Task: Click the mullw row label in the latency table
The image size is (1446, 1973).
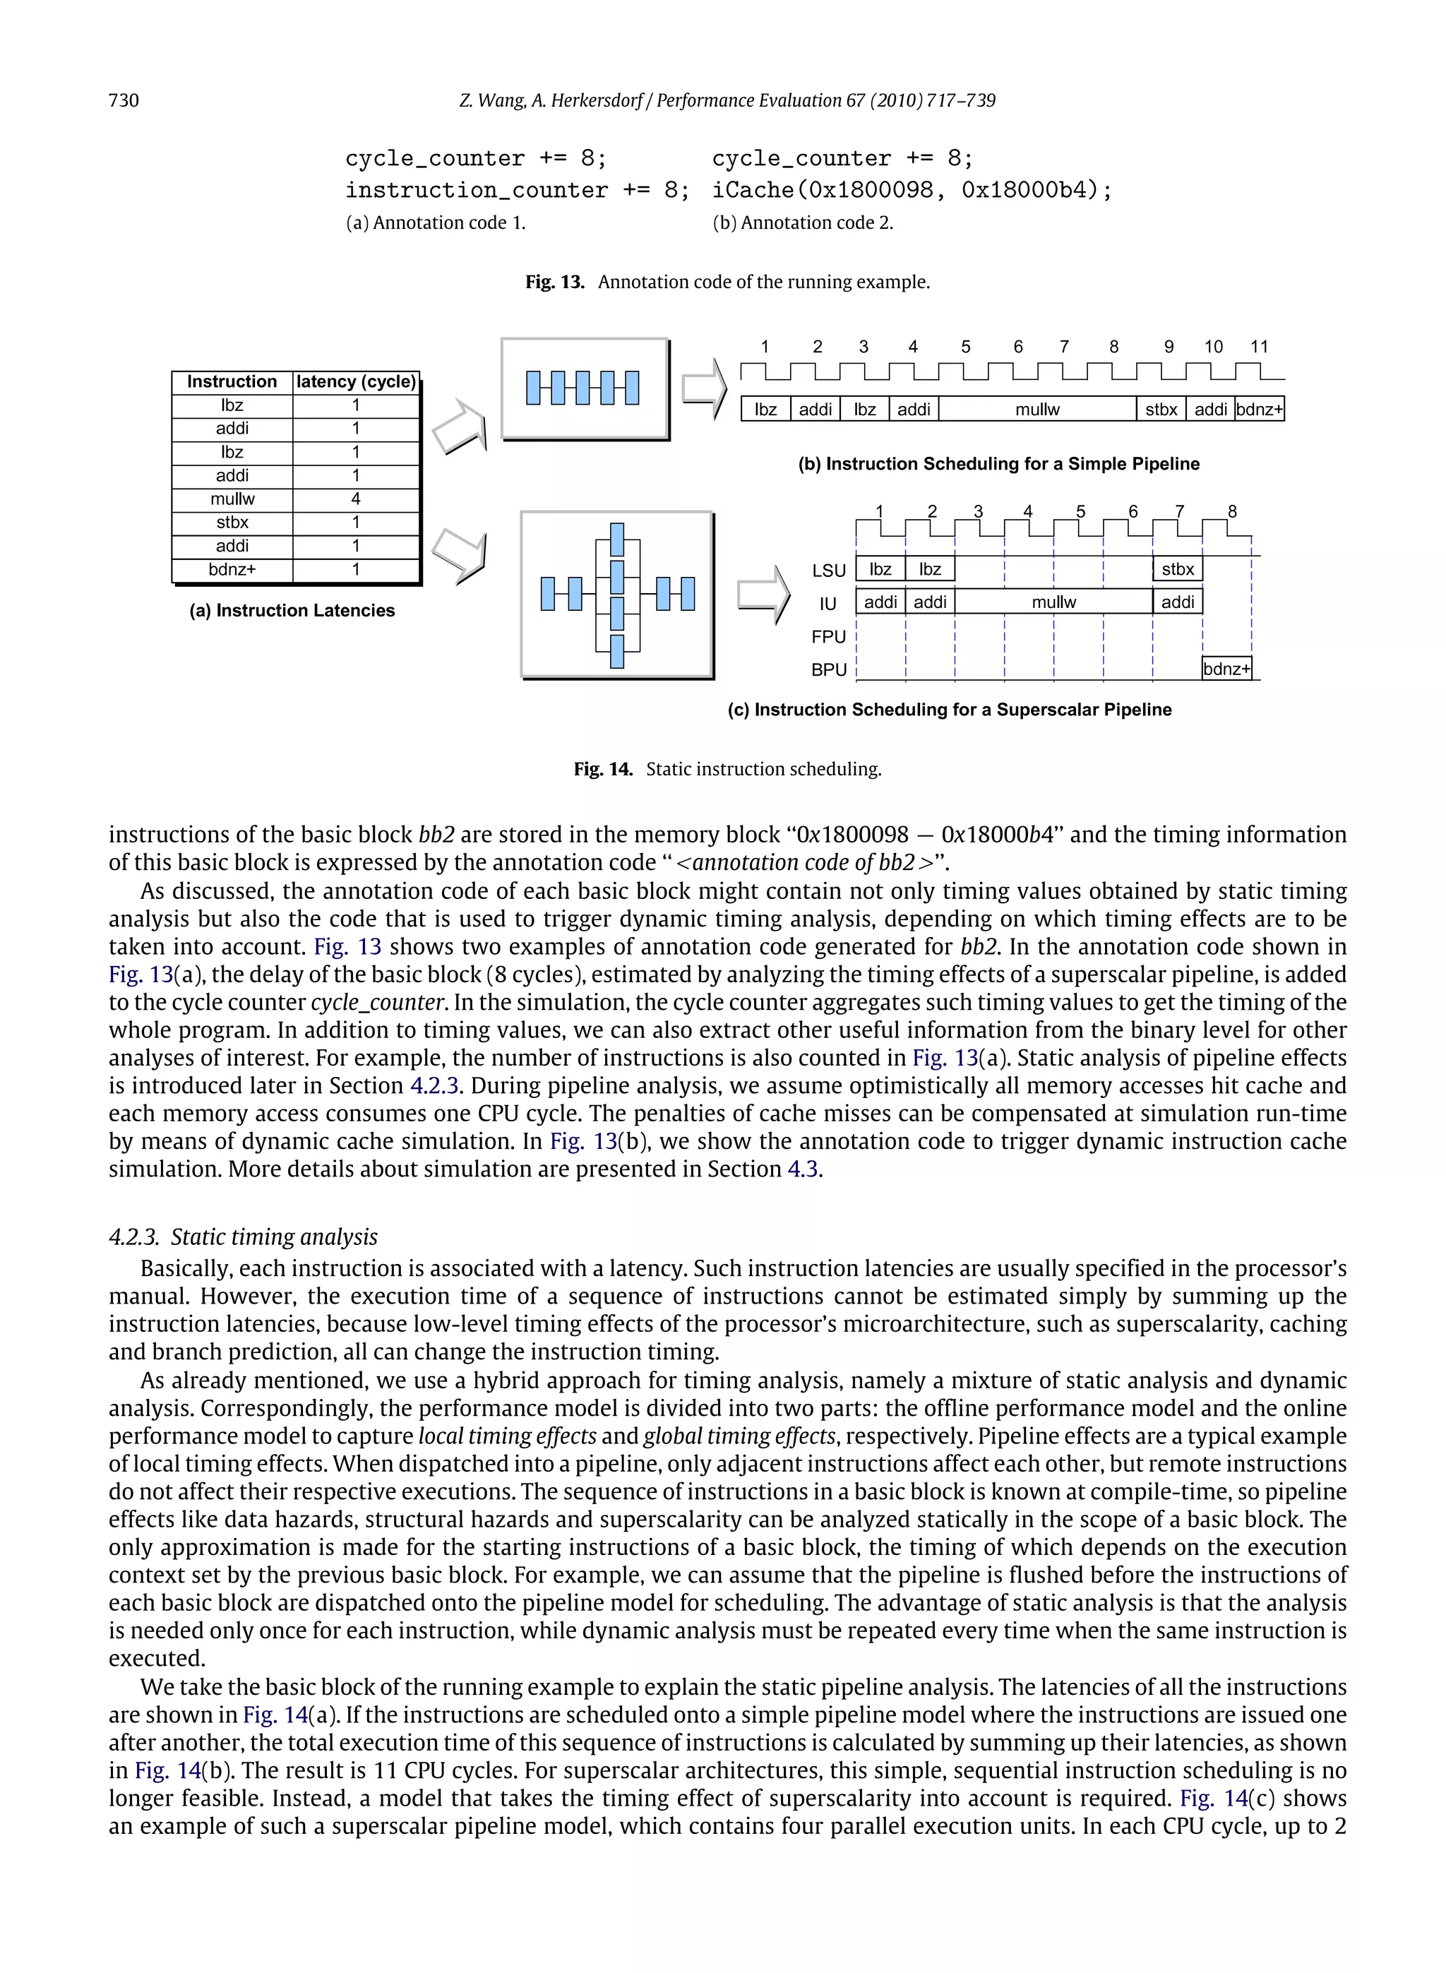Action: (x=232, y=499)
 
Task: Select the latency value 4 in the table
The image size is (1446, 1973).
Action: (x=355, y=499)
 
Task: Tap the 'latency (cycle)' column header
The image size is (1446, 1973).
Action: (x=355, y=381)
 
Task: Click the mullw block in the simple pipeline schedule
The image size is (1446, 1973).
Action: (x=1037, y=410)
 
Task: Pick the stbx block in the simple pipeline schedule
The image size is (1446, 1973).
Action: (x=1161, y=410)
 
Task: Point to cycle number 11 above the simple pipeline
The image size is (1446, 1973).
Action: (x=1259, y=347)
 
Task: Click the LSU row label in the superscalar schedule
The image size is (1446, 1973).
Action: (x=828, y=571)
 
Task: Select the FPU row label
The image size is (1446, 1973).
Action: (x=828, y=637)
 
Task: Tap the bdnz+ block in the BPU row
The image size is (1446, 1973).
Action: (x=1226, y=669)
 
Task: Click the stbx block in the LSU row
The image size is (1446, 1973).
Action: (x=1177, y=570)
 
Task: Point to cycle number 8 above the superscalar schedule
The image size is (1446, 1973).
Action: (x=1231, y=511)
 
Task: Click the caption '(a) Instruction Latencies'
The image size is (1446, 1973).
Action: (x=292, y=611)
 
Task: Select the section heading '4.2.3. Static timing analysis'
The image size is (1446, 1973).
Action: (x=244, y=1237)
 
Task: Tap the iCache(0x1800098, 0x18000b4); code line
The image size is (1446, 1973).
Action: (x=912, y=190)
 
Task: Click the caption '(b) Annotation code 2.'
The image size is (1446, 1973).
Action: (x=803, y=223)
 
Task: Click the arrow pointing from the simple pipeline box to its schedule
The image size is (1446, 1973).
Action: (x=704, y=388)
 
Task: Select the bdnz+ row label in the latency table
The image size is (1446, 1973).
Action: (x=232, y=570)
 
